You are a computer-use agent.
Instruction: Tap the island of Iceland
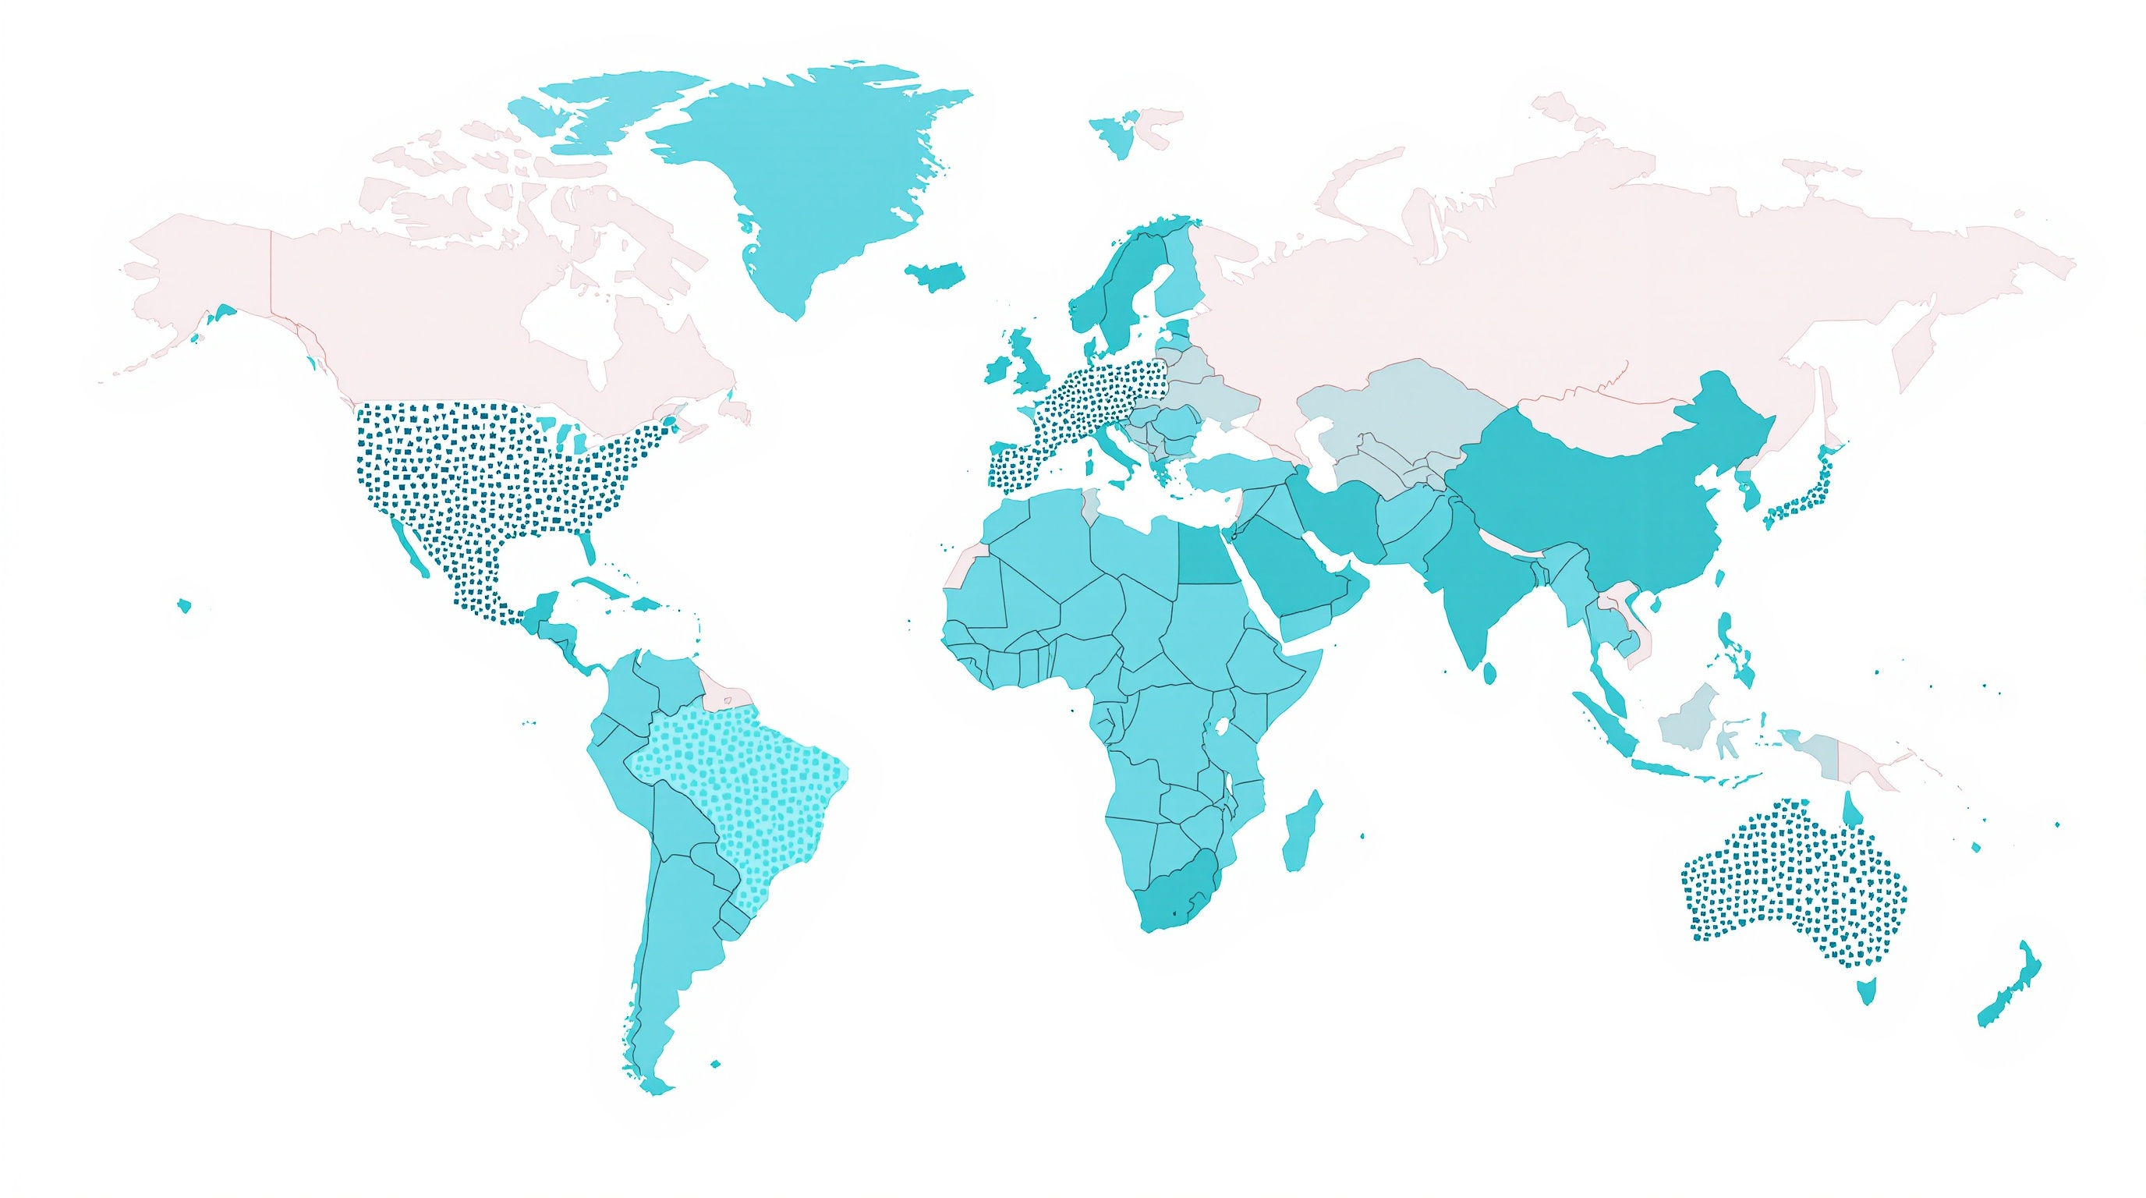coord(936,275)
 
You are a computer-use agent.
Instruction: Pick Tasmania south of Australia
coord(1867,991)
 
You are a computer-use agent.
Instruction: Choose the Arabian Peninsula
coord(1300,575)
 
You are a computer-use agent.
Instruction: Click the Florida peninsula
coord(588,546)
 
